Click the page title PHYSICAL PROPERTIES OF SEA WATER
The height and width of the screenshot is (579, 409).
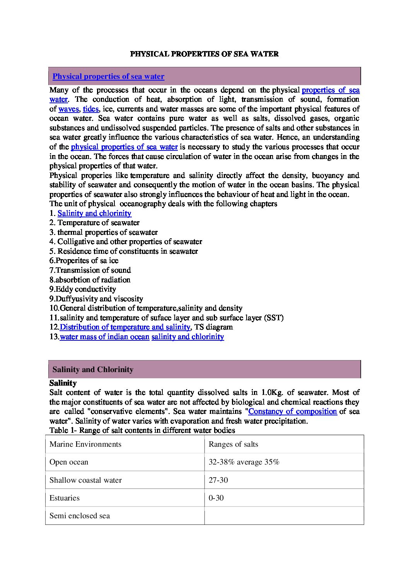(204, 54)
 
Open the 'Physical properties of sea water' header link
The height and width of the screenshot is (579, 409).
(108, 77)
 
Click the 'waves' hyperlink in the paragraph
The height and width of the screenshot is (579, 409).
(68, 109)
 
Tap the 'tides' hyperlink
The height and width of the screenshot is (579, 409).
(91, 109)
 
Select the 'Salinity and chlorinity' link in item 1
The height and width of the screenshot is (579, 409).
(94, 213)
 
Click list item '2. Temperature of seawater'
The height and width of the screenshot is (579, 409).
(94, 223)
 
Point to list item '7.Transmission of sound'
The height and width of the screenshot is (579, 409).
(90, 270)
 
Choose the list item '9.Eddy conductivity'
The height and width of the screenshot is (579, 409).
(82, 289)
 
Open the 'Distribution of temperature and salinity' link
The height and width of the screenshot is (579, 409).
(125, 327)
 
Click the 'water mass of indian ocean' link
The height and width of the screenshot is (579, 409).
(104, 337)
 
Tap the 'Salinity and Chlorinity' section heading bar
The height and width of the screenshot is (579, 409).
(204, 369)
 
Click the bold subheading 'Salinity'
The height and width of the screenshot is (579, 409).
(63, 383)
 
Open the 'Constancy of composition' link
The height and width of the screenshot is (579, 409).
(293, 412)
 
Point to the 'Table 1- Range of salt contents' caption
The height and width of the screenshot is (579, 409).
(142, 430)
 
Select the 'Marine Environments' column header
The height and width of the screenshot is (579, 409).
(85, 444)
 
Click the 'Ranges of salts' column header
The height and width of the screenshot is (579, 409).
(233, 444)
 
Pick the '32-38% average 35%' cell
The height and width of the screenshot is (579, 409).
(244, 462)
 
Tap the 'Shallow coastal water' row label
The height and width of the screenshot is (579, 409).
(85, 480)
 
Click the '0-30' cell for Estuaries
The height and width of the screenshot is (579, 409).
(216, 498)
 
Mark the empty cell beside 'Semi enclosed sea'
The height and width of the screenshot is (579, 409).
(284, 516)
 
